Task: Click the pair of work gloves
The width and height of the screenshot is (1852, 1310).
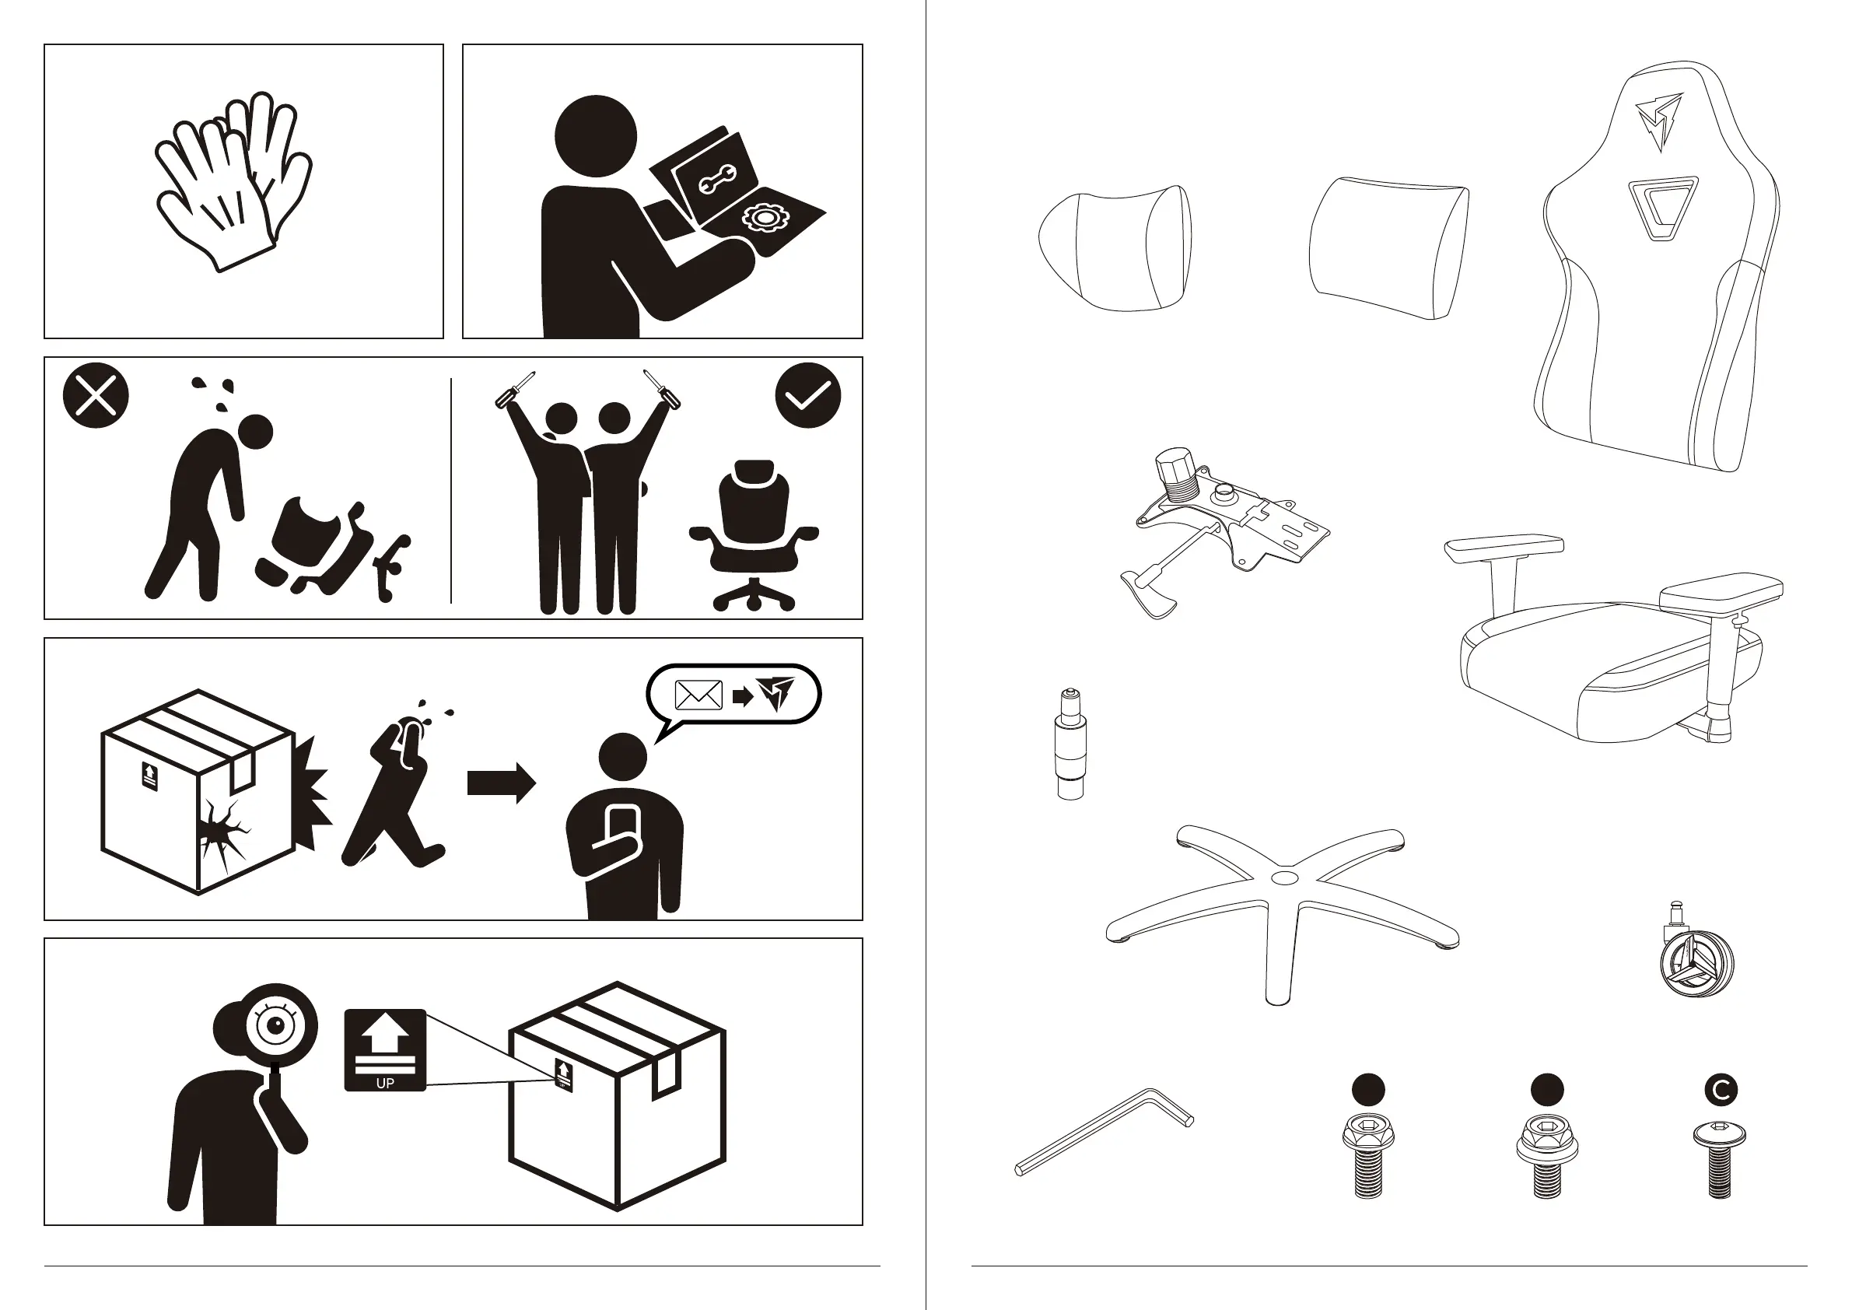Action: [233, 181]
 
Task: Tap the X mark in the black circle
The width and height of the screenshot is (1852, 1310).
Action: [95, 395]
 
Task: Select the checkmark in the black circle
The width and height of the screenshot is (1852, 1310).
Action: [807, 395]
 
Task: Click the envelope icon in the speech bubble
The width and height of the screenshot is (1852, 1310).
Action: [698, 695]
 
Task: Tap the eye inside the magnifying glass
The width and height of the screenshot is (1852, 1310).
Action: [277, 1025]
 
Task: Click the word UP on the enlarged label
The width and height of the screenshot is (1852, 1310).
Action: [385, 1084]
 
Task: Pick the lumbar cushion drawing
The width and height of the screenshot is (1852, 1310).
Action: [1388, 247]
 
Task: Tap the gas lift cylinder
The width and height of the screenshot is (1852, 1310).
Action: [1070, 743]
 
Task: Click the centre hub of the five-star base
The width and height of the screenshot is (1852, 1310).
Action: [1283, 876]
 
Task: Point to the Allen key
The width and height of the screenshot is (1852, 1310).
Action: [1103, 1132]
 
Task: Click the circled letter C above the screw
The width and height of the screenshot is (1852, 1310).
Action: [1721, 1090]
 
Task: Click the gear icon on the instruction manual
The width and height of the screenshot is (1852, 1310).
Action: [761, 218]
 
